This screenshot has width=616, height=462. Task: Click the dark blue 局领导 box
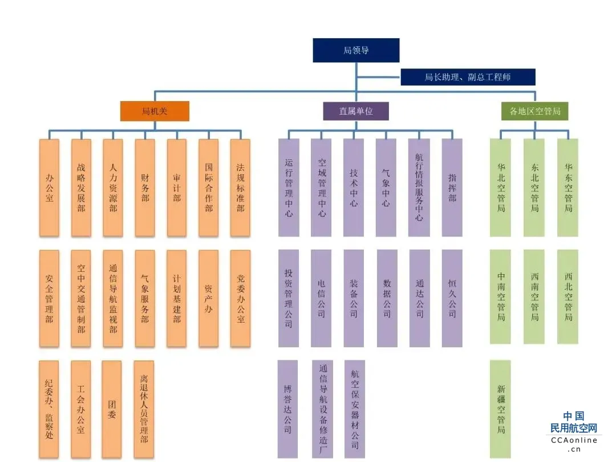click(356, 50)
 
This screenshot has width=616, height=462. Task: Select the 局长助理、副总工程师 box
click(468, 77)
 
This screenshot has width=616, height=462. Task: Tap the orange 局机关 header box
click(155, 111)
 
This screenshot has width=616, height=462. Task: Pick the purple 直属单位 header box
click(356, 111)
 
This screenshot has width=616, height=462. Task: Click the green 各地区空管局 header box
click(534, 111)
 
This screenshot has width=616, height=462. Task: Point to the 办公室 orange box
click(50, 187)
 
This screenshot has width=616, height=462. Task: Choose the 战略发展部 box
click(82, 187)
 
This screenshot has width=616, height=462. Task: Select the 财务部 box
click(145, 187)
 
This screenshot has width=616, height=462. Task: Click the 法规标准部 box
click(241, 187)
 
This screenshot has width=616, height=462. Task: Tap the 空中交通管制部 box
click(81, 299)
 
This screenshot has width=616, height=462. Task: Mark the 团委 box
click(112, 409)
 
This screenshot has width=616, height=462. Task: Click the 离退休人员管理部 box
click(144, 409)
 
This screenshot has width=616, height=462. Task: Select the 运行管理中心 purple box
click(289, 187)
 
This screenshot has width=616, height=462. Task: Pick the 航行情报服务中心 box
click(419, 187)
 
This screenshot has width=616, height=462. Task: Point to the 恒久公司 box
click(452, 299)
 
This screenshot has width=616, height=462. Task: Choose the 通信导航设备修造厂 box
click(322, 409)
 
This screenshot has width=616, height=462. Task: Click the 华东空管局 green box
click(568, 187)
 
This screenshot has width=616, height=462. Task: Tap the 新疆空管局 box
click(501, 409)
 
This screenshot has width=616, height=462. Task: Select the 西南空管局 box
click(534, 297)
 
